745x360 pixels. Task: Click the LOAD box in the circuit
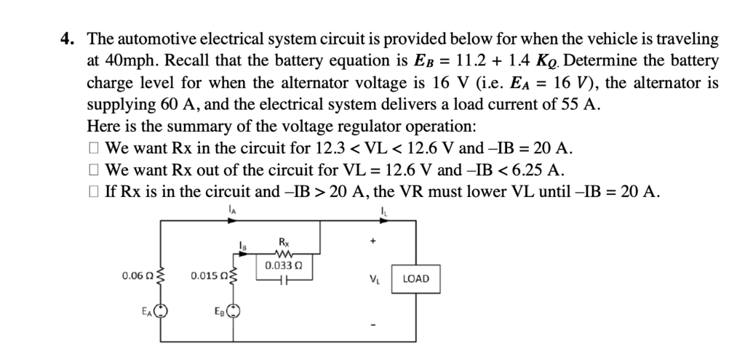coord(415,279)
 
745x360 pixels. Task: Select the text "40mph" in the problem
coord(123,60)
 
